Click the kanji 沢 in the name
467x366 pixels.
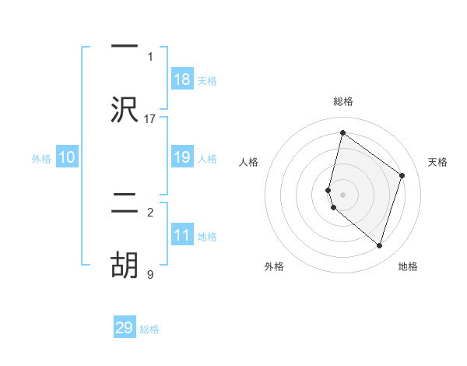(x=125, y=110)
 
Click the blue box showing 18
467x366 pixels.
(x=182, y=79)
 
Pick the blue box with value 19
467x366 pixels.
(x=182, y=157)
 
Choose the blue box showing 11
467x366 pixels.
(x=182, y=235)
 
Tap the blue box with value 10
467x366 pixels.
(x=67, y=157)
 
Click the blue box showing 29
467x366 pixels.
(x=125, y=328)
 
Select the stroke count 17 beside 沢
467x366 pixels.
(x=150, y=119)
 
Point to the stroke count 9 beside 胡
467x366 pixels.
(x=150, y=274)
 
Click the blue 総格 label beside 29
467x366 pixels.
(x=149, y=329)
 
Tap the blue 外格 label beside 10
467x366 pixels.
(x=41, y=159)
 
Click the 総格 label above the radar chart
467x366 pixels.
(x=342, y=101)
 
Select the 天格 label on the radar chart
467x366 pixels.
(x=438, y=162)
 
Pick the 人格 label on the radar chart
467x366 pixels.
(x=248, y=162)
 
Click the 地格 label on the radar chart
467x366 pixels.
(x=408, y=266)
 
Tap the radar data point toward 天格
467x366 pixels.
(x=402, y=175)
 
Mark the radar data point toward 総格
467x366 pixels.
(x=342, y=133)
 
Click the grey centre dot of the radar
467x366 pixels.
(x=342, y=194)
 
